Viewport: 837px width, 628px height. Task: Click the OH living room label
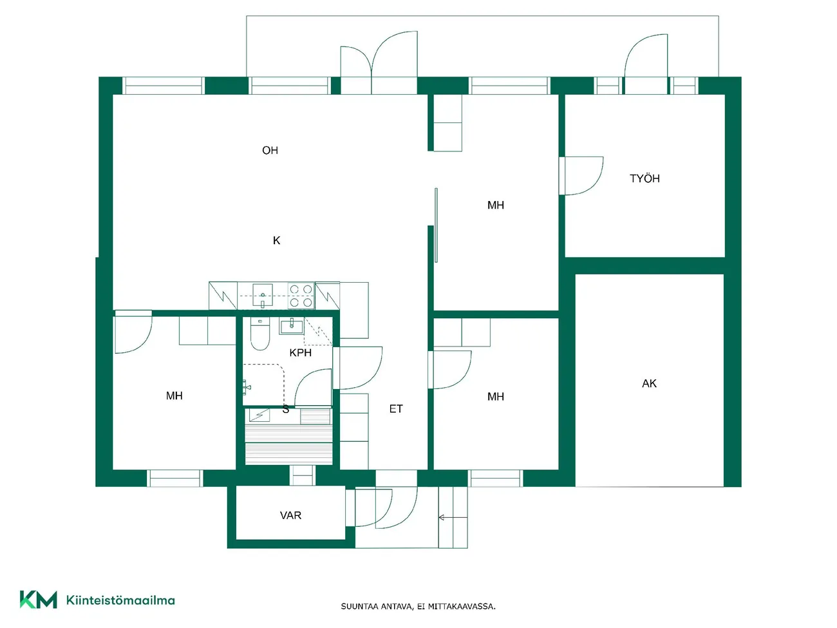(x=270, y=150)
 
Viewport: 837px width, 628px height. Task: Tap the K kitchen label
(x=276, y=240)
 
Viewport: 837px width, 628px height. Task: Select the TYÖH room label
(x=644, y=178)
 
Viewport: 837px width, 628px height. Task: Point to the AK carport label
(x=649, y=383)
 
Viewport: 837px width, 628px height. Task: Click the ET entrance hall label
(x=396, y=409)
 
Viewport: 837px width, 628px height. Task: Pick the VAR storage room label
(x=290, y=515)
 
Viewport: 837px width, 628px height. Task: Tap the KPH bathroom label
(x=301, y=352)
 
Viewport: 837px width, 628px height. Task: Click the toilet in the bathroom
(x=260, y=334)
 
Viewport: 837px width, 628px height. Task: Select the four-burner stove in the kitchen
(x=301, y=296)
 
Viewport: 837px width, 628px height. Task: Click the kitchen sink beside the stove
(x=263, y=296)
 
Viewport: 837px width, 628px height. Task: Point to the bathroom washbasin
(x=292, y=326)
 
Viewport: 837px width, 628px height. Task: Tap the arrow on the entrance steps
(x=453, y=517)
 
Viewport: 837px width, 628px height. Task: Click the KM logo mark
(x=39, y=600)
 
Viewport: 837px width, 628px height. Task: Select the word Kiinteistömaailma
(x=120, y=600)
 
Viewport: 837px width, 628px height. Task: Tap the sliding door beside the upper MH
(x=437, y=225)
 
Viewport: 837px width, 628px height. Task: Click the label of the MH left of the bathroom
(x=174, y=395)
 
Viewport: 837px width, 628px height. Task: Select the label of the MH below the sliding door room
(x=495, y=397)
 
